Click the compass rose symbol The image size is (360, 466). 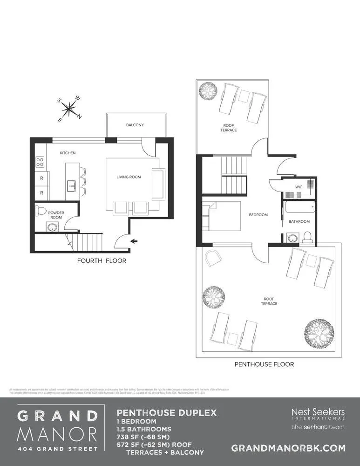(x=69, y=109)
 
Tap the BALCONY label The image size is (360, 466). (x=135, y=125)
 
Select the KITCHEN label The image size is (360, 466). (x=68, y=153)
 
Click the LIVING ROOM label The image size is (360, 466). (x=129, y=177)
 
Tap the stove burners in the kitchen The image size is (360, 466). (x=40, y=162)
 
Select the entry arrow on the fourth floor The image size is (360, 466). (x=135, y=241)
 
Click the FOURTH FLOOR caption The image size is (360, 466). (x=102, y=261)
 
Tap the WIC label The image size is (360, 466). (x=299, y=188)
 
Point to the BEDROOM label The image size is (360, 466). (x=258, y=215)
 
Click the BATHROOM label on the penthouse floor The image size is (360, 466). (x=299, y=221)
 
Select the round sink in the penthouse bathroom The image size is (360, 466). (x=292, y=239)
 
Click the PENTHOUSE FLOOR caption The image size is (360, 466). (x=264, y=364)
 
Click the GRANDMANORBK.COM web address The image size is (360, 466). (x=288, y=448)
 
